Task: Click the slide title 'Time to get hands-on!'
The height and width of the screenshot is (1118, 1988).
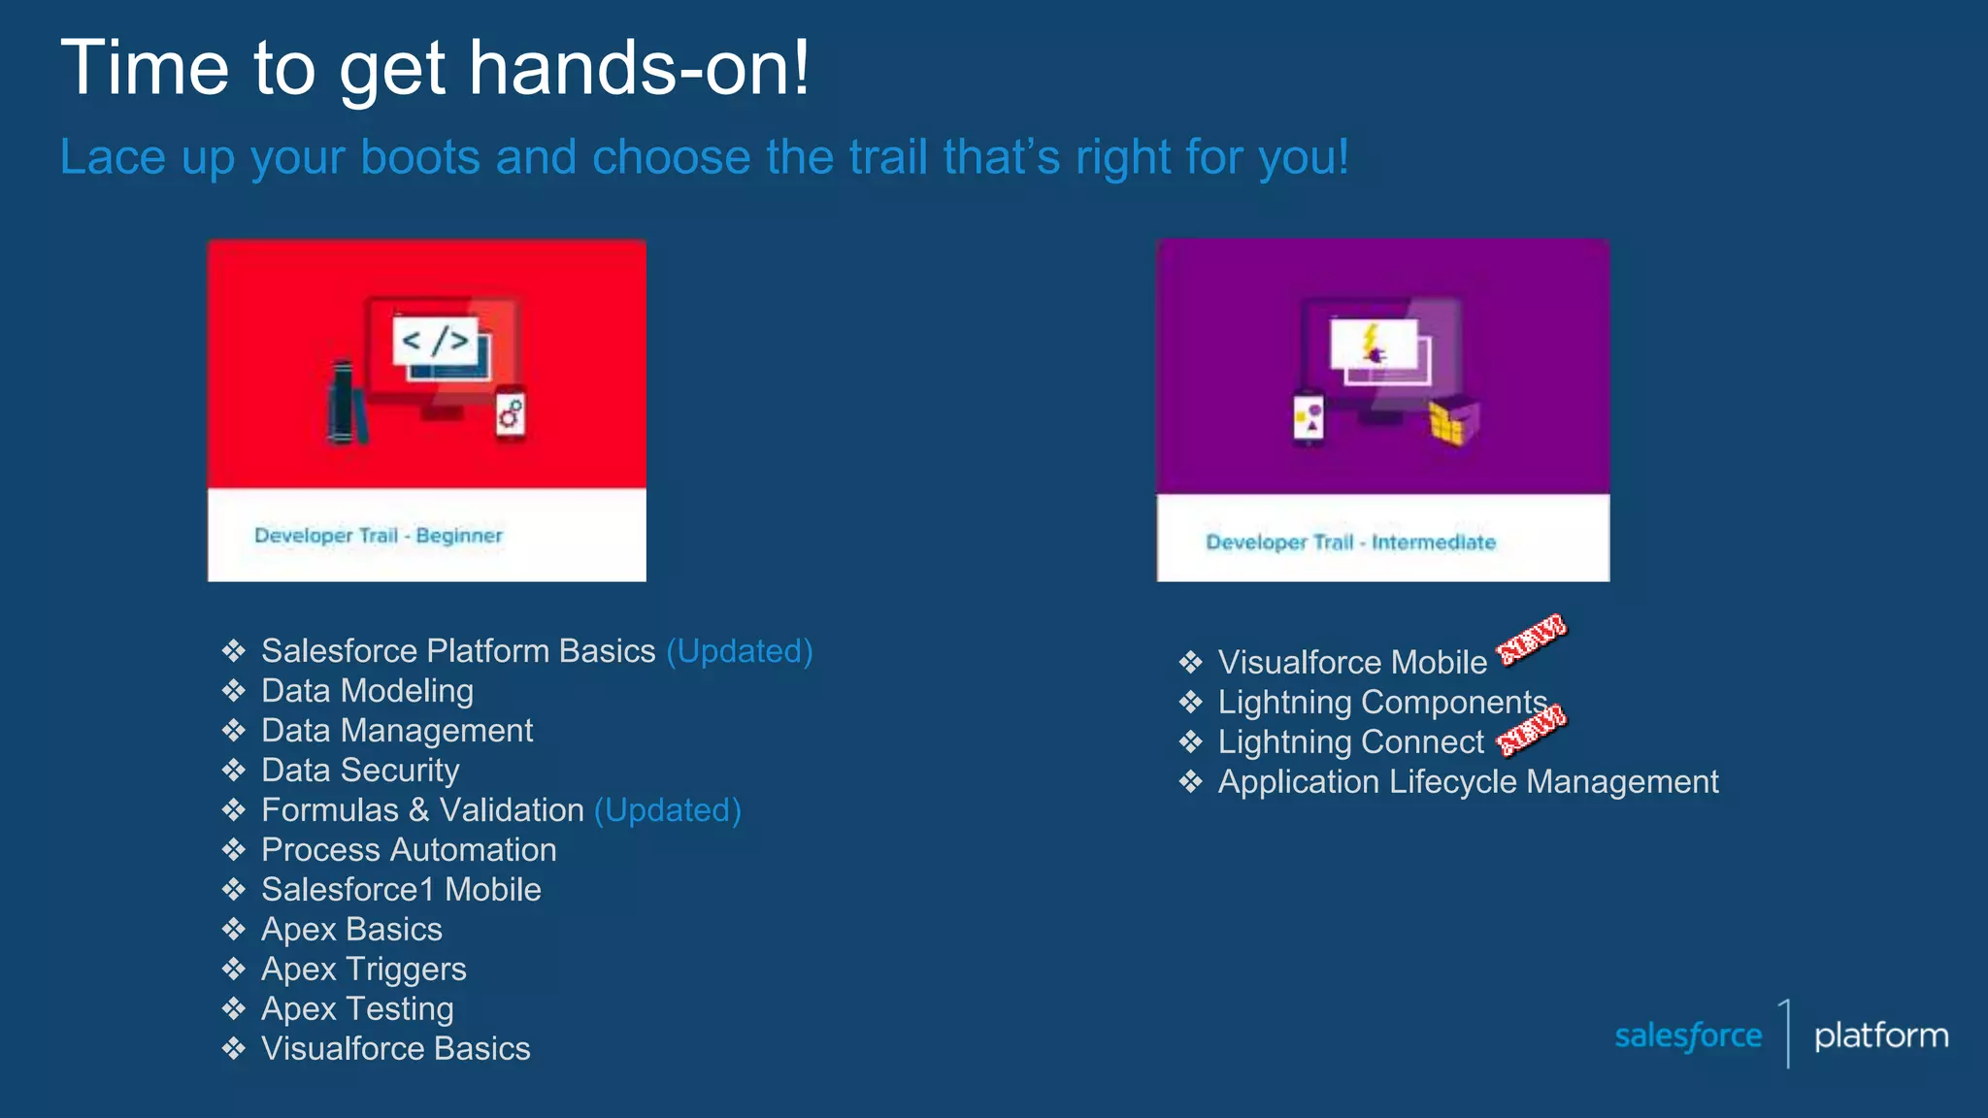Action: coord(435,68)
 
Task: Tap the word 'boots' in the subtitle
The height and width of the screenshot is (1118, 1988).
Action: coord(419,157)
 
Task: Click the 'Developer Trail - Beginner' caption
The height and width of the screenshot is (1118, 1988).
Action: coord(378,536)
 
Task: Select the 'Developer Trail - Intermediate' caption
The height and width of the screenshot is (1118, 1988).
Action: coord(1350,543)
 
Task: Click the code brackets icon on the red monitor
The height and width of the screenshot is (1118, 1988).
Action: coord(436,341)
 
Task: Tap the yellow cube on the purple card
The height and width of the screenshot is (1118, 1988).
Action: coord(1453,423)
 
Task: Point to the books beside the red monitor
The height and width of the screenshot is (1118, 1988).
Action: coord(346,403)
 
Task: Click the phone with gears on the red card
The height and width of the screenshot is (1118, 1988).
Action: coord(511,414)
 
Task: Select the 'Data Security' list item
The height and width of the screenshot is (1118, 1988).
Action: coord(360,771)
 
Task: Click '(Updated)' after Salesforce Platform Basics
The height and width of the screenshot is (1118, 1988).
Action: coord(740,651)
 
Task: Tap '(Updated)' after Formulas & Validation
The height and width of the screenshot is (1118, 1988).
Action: coord(668,810)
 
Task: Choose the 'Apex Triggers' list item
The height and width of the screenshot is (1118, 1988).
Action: coord(364,970)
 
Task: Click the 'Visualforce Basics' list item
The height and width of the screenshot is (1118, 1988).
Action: coord(396,1049)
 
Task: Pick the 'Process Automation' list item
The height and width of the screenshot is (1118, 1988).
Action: coord(409,850)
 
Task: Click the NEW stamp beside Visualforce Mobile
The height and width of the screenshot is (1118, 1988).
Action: coord(1531,641)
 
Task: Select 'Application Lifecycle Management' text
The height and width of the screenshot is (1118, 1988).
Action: coord(1468,782)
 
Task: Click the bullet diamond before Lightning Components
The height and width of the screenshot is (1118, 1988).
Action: coord(1191,703)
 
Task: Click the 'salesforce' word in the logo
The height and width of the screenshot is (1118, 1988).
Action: coord(1688,1036)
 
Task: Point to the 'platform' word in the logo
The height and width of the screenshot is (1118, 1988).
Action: coord(1880,1036)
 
